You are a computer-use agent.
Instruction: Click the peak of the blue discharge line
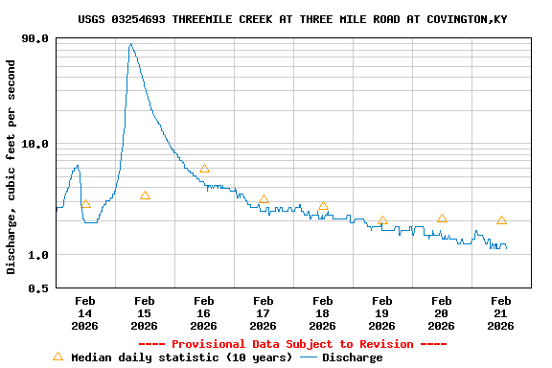point(130,44)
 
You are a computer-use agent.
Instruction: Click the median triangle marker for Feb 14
point(85,204)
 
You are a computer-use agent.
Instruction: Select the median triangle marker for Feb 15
point(145,195)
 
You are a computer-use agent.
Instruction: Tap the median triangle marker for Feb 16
point(204,169)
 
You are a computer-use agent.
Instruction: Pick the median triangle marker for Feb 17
point(264,199)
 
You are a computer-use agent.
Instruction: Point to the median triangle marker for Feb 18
point(323,206)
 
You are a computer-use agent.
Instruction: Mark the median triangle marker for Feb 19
point(382,220)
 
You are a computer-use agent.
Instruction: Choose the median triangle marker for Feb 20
point(442,218)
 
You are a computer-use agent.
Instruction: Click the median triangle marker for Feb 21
point(501,220)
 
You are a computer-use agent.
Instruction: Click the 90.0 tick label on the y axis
point(34,39)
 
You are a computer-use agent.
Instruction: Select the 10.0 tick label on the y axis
point(34,145)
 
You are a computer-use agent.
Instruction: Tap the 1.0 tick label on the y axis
point(38,255)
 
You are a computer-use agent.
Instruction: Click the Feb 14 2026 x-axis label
point(84,312)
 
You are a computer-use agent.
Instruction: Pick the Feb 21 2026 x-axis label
point(500,312)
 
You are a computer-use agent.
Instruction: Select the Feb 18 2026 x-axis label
point(322,312)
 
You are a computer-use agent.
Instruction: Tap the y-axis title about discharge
point(11,167)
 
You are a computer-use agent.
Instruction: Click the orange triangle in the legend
point(57,356)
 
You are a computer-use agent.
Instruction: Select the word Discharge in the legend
point(352,357)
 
